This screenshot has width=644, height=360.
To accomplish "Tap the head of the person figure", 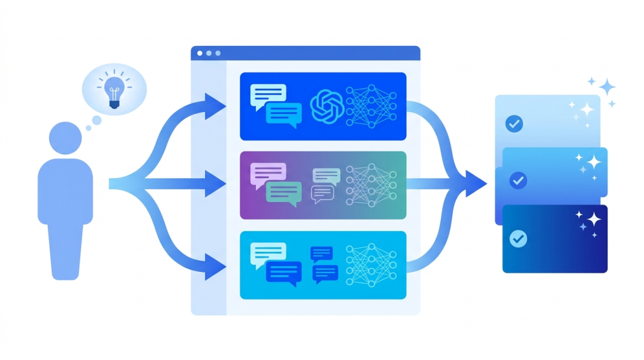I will [x=65, y=137].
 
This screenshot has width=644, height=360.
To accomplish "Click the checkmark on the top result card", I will [x=514, y=124].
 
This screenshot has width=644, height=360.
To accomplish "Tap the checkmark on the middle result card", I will [x=518, y=181].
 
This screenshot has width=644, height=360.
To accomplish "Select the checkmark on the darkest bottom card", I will [x=518, y=239].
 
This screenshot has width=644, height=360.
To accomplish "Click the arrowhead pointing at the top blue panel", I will [x=217, y=105].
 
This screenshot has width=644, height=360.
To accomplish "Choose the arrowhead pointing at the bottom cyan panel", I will [x=217, y=264].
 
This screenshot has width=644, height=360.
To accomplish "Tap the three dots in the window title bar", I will [x=209, y=53].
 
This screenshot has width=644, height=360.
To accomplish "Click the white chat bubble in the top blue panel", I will [x=267, y=95].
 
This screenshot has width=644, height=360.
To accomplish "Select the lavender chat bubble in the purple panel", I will [x=267, y=174].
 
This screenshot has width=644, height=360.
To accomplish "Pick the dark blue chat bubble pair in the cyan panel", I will [x=325, y=264].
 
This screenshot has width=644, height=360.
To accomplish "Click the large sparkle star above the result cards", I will [x=607, y=86].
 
